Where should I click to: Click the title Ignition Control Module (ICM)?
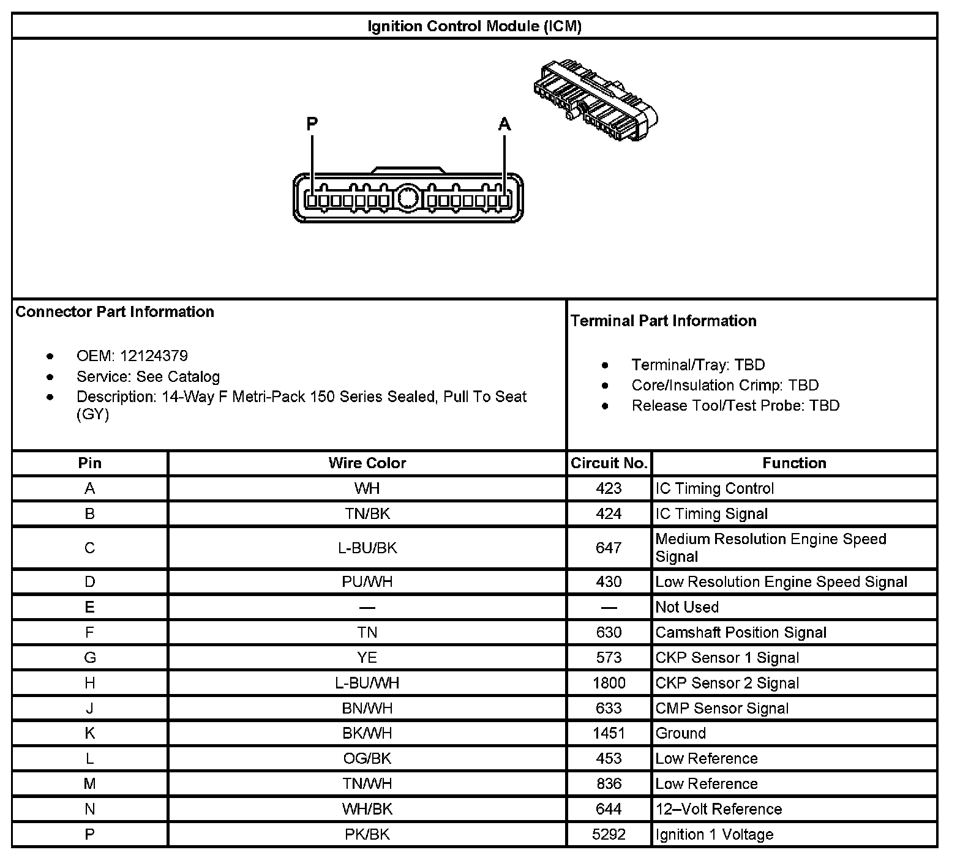(474, 26)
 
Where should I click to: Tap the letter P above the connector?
(312, 124)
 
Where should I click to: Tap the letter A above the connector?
(504, 124)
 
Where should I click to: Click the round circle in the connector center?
(407, 198)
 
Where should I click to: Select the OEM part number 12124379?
(154, 356)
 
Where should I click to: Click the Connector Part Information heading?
(115, 311)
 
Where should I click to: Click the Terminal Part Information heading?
(663, 321)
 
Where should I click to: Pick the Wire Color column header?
(367, 463)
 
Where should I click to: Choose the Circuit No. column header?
(609, 463)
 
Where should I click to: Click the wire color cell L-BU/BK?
(367, 548)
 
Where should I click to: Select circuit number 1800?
(609, 682)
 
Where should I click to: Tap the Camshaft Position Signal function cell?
(741, 632)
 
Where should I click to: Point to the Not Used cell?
(687, 607)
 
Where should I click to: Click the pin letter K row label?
(89, 733)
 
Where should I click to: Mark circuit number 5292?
(609, 834)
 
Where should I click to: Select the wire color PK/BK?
(367, 834)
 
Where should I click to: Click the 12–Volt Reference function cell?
(718, 809)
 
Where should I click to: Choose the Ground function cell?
(680, 733)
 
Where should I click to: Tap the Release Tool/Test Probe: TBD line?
(735, 405)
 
